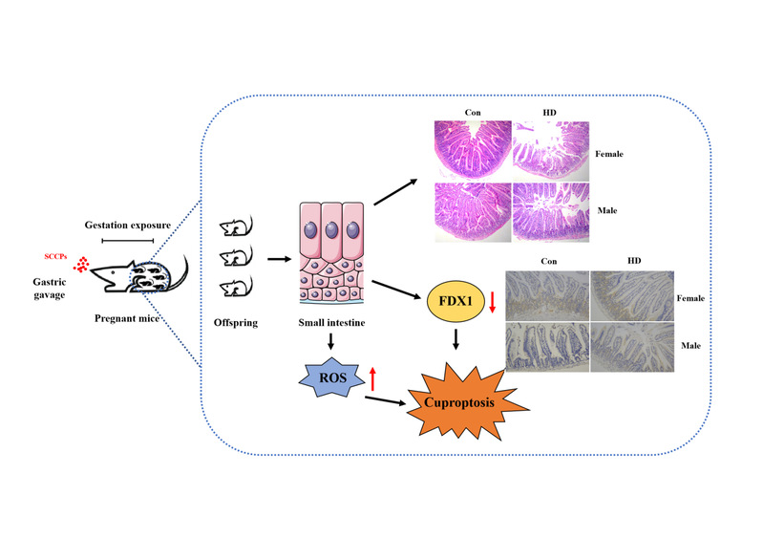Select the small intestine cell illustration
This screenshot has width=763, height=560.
coord(329,254)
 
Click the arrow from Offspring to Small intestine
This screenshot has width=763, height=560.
coord(279,257)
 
